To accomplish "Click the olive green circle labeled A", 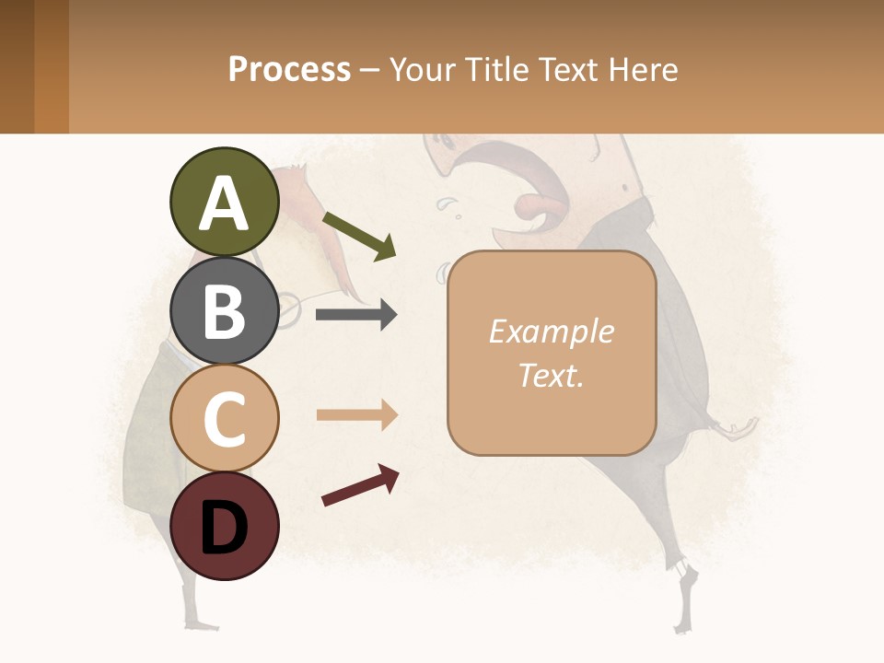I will click(224, 202).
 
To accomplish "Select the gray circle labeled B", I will click(224, 310).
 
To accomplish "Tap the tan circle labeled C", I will click(224, 418).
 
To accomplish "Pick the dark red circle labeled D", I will click(224, 526).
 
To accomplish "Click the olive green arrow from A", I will click(359, 236).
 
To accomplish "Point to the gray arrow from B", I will click(356, 315).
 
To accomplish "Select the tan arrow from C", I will click(356, 415).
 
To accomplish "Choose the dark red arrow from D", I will click(360, 485).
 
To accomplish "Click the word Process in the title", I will click(289, 69).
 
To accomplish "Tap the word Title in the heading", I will click(498, 69).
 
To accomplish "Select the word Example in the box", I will click(551, 331).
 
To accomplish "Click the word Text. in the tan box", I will click(551, 375).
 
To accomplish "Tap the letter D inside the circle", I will click(224, 528).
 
